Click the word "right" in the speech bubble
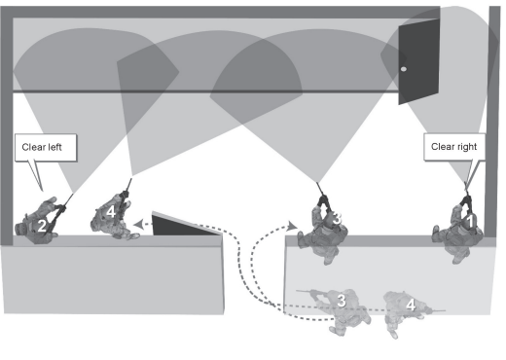click(467, 147)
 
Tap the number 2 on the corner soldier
click(42, 226)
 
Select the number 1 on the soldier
click(470, 222)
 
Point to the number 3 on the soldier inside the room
click(337, 218)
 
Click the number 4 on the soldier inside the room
click(111, 212)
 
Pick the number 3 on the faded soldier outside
click(342, 301)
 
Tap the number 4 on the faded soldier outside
click(411, 305)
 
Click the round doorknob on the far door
click(404, 69)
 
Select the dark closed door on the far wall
click(419, 61)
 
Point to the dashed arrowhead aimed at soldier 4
click(139, 224)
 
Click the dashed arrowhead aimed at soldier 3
click(292, 226)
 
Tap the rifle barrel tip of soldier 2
click(73, 194)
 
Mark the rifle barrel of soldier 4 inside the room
click(128, 185)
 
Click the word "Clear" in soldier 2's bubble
click(33, 147)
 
